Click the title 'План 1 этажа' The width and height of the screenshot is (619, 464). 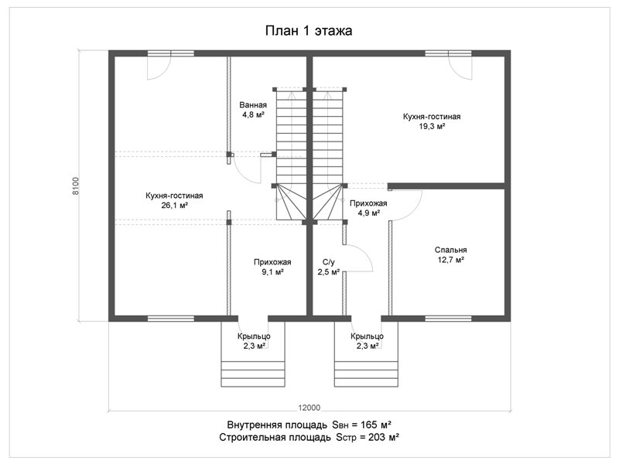(x=308, y=30)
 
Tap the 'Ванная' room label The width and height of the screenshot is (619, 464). (x=253, y=105)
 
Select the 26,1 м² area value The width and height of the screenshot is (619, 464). (x=174, y=205)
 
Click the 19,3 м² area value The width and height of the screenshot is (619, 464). (x=432, y=126)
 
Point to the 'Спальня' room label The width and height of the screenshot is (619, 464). (x=451, y=250)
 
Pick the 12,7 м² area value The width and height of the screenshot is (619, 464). (x=450, y=260)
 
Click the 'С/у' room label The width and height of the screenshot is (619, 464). (x=328, y=262)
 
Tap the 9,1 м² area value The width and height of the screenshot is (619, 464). (x=272, y=272)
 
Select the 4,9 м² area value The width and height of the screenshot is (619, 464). (x=369, y=213)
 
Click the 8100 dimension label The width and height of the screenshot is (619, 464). (x=76, y=186)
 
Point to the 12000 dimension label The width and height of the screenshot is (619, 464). (x=309, y=408)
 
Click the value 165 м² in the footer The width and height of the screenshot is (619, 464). (x=375, y=425)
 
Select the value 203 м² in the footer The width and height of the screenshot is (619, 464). (x=383, y=437)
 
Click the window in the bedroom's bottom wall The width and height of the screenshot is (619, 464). (x=448, y=319)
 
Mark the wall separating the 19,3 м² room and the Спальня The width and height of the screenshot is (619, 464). (x=446, y=186)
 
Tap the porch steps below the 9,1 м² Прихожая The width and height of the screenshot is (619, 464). (x=253, y=374)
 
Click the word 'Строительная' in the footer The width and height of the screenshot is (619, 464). (x=275, y=438)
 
